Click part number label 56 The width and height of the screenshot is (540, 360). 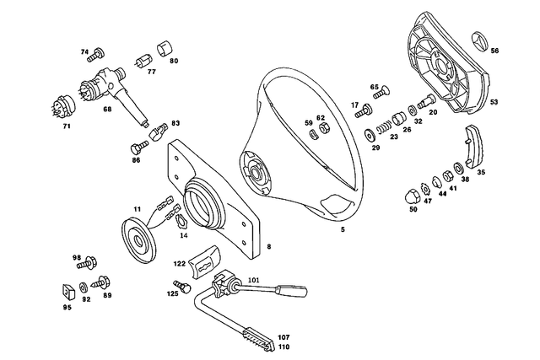click(x=494, y=51)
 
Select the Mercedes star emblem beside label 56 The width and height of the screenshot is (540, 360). click(x=477, y=43)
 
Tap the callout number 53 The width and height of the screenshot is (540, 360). click(x=494, y=102)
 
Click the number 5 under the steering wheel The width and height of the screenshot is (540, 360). click(x=342, y=228)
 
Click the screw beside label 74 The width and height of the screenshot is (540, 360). click(x=96, y=55)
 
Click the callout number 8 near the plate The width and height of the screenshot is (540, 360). click(x=268, y=247)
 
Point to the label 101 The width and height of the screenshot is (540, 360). click(x=254, y=279)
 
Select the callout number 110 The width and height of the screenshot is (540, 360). click(x=283, y=347)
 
